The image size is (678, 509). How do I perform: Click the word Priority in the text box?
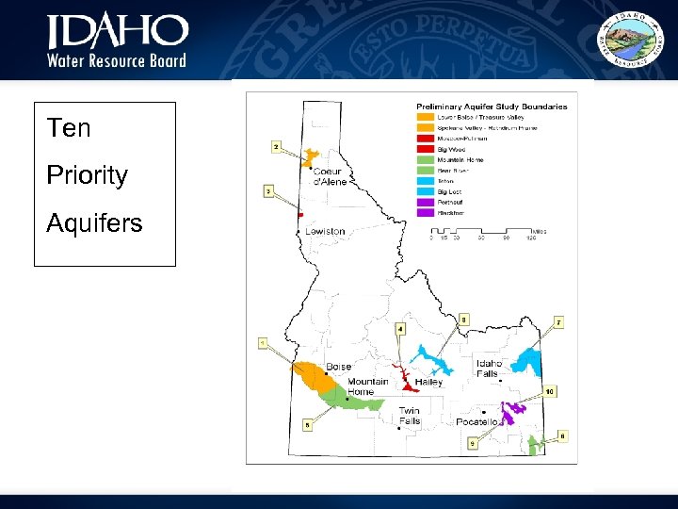click(88, 175)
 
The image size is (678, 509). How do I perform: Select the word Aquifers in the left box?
click(94, 223)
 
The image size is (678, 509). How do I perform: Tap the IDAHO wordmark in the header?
click(118, 32)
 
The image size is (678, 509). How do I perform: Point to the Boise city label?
click(338, 367)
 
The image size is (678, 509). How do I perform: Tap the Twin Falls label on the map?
click(409, 416)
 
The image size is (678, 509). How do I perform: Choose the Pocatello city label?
click(476, 422)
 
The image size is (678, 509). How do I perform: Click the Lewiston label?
click(325, 231)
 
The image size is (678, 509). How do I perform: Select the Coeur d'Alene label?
click(330, 176)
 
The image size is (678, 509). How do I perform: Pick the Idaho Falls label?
click(490, 369)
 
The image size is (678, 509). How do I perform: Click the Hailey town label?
click(428, 383)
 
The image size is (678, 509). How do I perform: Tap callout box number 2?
click(275, 147)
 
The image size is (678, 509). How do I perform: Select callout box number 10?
click(550, 390)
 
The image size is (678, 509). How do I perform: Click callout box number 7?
click(558, 322)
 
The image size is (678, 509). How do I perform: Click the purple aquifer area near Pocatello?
click(513, 412)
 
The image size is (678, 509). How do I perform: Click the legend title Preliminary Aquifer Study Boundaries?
click(492, 107)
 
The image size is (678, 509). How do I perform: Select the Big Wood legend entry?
click(451, 149)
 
